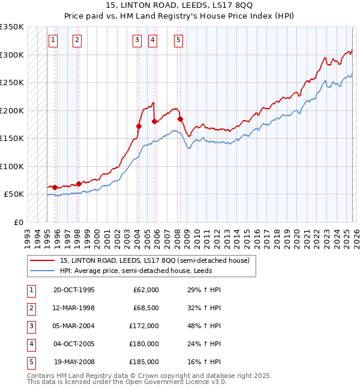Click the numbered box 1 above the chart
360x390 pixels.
tap(53, 40)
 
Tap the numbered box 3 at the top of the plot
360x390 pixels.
tap(137, 40)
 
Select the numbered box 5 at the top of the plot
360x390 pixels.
tap(179, 40)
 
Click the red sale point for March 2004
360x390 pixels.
tap(139, 126)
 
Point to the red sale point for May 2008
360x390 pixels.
tap(180, 119)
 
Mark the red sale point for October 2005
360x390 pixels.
tap(154, 122)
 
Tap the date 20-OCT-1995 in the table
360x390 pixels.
tap(74, 290)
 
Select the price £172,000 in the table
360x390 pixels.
tap(144, 326)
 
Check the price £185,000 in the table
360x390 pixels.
tap(144, 362)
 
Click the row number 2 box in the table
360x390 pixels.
tap(29, 308)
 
